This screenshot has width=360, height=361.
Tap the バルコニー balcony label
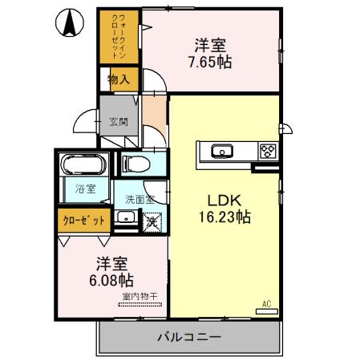click(188, 335)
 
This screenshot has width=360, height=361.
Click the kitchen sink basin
click(220, 150)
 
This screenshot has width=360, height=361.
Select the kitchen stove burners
click(266, 150)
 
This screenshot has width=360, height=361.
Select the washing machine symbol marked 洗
click(151, 220)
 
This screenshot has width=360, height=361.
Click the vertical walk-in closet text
click(118, 36)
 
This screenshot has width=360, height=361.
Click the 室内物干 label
click(140, 297)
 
